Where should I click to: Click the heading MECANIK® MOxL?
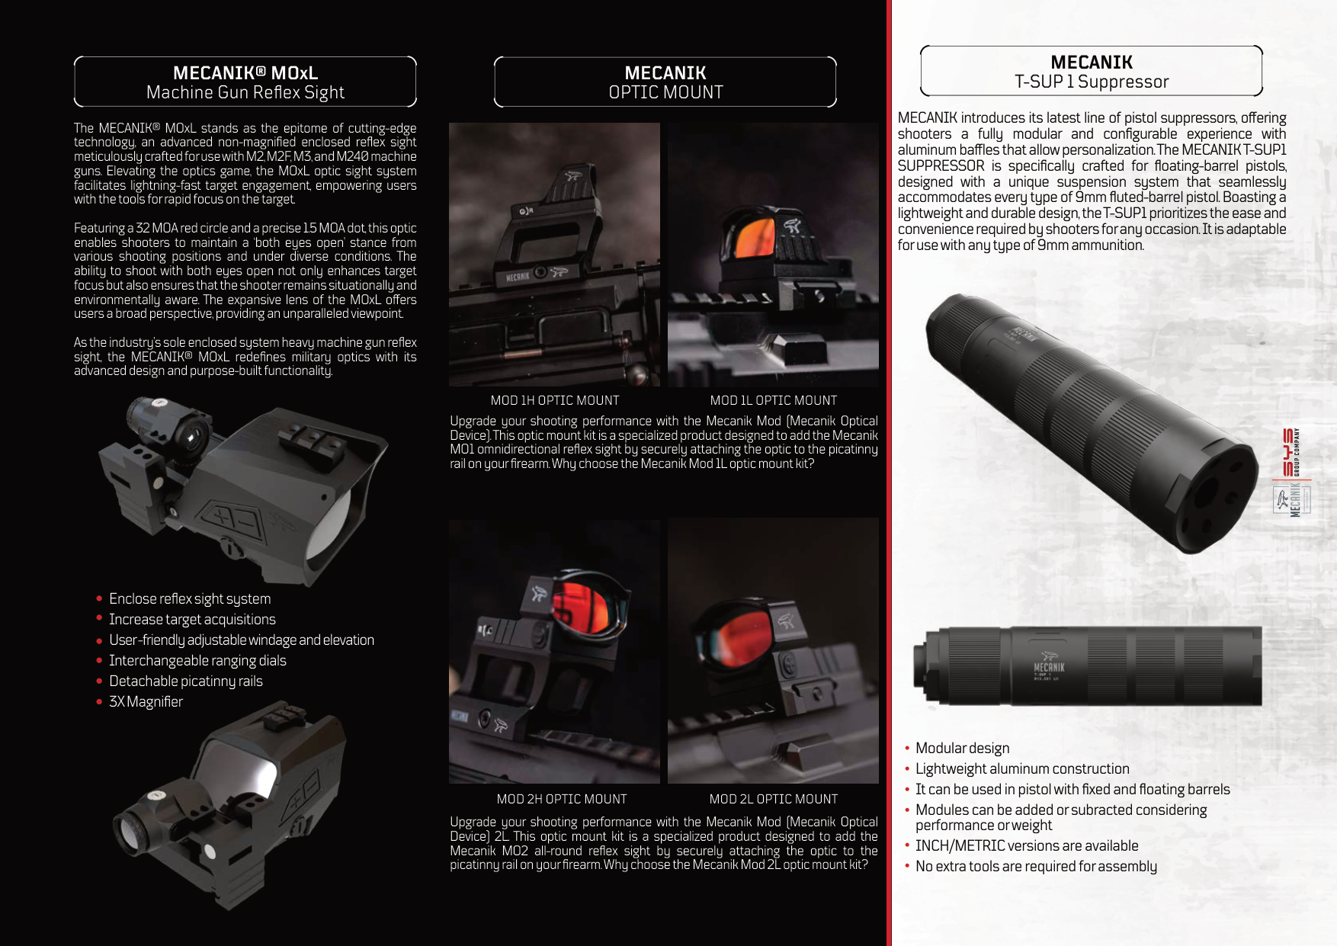coord(245,73)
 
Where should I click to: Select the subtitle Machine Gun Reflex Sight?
coord(245,93)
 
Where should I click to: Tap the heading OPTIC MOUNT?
coord(665,92)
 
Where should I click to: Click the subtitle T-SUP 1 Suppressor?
coord(1092,82)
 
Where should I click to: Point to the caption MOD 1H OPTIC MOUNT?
coord(555,400)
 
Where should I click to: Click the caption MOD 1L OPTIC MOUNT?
coord(773,400)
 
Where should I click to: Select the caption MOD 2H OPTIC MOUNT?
coord(562,799)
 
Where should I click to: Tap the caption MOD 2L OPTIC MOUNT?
coord(773,799)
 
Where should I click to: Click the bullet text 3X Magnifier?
coord(146,701)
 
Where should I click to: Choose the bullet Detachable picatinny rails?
coord(185,681)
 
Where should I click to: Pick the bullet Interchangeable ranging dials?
coord(197,660)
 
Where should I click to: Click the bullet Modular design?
coord(962,748)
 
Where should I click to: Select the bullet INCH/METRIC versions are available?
coord(1027,845)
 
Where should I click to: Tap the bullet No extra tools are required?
coord(1036,866)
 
